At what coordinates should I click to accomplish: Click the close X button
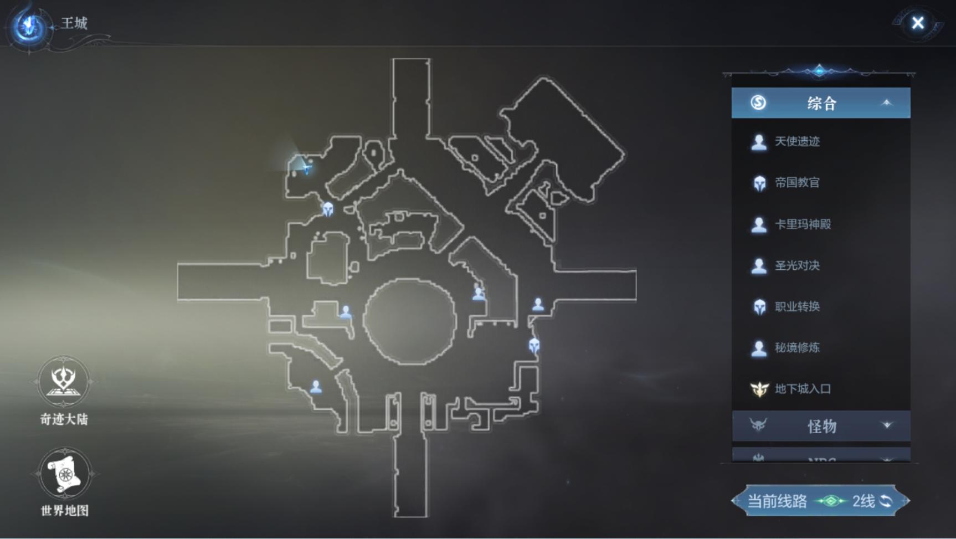[x=918, y=23]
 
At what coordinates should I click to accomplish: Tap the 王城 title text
[x=74, y=23]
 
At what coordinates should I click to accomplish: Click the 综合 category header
[x=821, y=103]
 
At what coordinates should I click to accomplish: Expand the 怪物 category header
[x=821, y=426]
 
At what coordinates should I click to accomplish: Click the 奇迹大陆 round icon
[x=63, y=382]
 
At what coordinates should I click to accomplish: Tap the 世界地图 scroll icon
[x=64, y=474]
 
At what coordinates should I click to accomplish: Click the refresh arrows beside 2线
[x=886, y=501]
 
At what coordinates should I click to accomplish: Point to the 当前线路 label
[x=777, y=501]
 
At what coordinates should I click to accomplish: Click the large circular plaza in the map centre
[x=410, y=322]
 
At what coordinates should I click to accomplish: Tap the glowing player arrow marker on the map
[x=305, y=166]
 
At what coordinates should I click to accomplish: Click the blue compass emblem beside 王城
[x=29, y=25]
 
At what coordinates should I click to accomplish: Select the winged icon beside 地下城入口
[x=759, y=389]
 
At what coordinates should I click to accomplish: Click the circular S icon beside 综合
[x=758, y=102]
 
